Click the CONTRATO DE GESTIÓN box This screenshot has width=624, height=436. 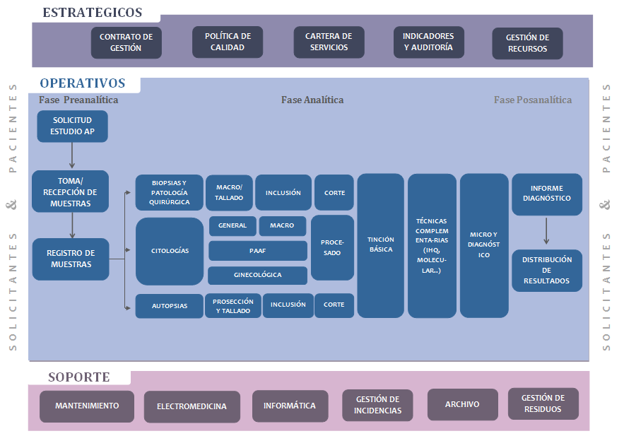(x=126, y=42)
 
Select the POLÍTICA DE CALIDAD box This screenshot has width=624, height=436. (x=228, y=42)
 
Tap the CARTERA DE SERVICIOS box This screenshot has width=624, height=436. (x=329, y=42)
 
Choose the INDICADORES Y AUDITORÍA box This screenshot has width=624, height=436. (x=428, y=42)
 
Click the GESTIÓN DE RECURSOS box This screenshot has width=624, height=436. (x=527, y=43)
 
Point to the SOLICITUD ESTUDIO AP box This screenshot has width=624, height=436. (x=73, y=126)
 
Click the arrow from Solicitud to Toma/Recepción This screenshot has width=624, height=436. (x=73, y=155)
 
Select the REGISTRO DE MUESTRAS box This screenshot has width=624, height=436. (x=71, y=259)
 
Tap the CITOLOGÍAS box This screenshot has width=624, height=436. (x=170, y=251)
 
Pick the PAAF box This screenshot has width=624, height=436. (x=257, y=250)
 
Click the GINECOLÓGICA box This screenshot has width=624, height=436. (x=257, y=275)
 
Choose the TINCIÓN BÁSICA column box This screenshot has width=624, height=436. (x=381, y=245)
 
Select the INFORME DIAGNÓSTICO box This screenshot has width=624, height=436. (x=546, y=194)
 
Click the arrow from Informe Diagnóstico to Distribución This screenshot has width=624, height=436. (x=546, y=232)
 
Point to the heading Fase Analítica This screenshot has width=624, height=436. (x=312, y=100)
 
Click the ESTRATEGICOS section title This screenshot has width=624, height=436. (x=93, y=13)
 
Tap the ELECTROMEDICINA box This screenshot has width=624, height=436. (x=192, y=406)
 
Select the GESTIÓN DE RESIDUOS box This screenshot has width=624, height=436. (x=543, y=403)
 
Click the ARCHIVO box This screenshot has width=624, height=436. (x=462, y=405)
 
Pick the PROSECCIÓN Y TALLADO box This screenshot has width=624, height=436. (x=233, y=306)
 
